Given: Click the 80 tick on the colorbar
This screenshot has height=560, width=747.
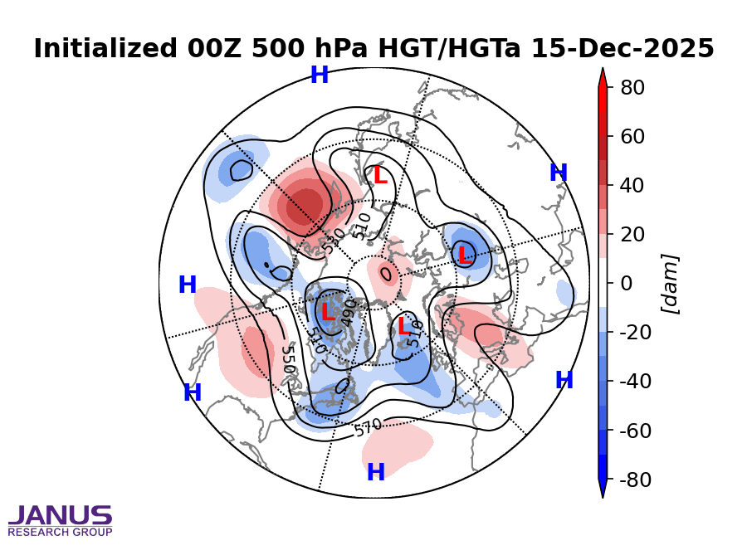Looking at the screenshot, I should [x=632, y=87].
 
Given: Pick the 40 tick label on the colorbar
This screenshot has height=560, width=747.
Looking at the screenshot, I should [x=632, y=185].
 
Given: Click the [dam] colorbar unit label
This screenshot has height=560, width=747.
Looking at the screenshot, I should [x=670, y=284].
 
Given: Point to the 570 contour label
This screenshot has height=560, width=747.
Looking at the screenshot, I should [x=368, y=427].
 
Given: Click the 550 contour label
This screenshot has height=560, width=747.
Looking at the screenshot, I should [x=288, y=360].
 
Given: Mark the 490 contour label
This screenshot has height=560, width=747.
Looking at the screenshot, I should [x=349, y=314].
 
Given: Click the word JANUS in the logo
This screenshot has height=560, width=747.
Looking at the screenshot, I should [x=60, y=516].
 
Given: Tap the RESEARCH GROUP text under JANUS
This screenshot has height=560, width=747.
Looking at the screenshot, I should [x=60, y=532].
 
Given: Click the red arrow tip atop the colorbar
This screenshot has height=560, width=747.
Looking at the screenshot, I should [x=603, y=76].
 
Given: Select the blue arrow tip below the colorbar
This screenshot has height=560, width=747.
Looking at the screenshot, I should [x=603, y=490].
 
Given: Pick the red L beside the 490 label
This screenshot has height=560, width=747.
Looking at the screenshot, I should [x=328, y=314].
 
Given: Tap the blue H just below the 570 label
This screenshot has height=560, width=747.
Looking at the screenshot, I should [x=376, y=473].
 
